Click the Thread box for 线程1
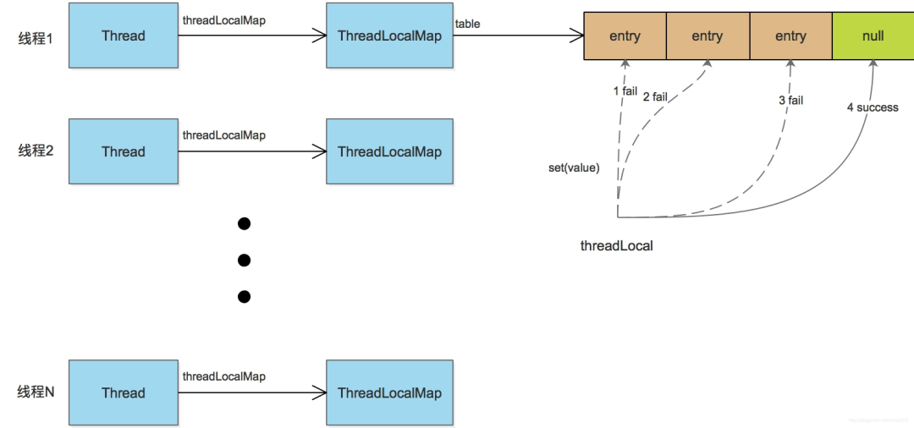[x=124, y=36]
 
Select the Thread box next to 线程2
[x=124, y=151]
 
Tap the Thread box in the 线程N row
[x=124, y=392]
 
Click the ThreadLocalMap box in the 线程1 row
[x=389, y=36]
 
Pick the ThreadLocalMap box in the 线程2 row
[x=389, y=151]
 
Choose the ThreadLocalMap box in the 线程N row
[x=389, y=392]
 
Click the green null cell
[x=873, y=36]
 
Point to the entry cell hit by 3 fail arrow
[x=790, y=36]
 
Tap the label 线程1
[x=36, y=37]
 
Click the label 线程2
[x=36, y=151]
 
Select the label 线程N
[x=36, y=392]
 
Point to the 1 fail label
[x=625, y=91]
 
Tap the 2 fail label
[x=655, y=96]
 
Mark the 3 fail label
[x=790, y=101]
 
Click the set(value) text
[x=574, y=167]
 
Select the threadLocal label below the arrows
[x=616, y=246]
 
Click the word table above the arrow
[x=467, y=24]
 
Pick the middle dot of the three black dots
[x=245, y=260]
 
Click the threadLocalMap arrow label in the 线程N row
[x=223, y=376]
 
